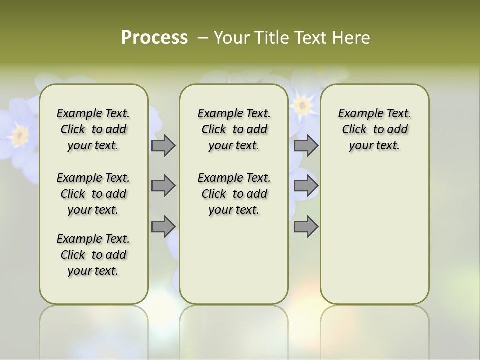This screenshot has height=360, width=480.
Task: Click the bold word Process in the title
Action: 154,37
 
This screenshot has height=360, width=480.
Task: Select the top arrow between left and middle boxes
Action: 163,145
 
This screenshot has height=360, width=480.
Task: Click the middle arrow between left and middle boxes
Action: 163,186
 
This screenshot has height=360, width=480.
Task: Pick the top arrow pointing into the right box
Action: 306,145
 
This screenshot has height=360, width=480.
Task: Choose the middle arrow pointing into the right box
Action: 306,186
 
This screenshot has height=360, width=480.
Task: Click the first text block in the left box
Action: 93,129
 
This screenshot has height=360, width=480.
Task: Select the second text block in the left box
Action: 93,194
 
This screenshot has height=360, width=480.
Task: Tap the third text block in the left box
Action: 93,255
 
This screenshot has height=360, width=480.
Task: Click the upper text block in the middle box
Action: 234,129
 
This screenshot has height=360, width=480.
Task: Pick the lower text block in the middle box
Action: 234,194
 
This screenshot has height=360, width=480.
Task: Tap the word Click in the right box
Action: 354,130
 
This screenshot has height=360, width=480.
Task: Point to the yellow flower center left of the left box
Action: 20,134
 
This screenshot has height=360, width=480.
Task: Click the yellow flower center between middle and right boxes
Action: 301,105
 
